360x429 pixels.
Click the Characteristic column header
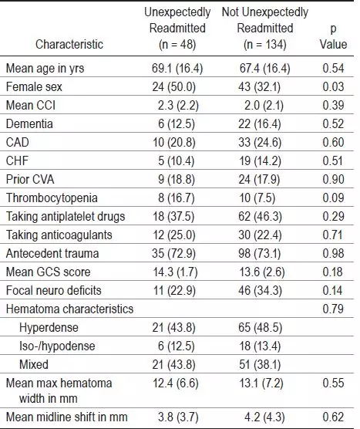coord(69,44)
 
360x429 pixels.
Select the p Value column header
coord(333,36)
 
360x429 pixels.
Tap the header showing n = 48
coord(177,29)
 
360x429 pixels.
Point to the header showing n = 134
coord(265,29)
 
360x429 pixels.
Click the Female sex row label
coord(34,86)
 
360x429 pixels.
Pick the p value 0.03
coord(333,86)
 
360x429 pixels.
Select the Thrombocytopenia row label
coord(52,198)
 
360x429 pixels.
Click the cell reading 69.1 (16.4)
coord(177,69)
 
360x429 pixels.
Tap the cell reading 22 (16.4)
coord(260,124)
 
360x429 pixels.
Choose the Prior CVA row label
coord(30,180)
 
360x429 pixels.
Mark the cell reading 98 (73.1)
coord(260,254)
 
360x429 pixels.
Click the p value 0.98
coord(333,253)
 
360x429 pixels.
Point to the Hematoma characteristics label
coord(69,309)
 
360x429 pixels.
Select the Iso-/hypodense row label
coord(57,346)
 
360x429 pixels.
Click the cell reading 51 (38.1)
coord(260,365)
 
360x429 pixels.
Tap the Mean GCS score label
coord(48,272)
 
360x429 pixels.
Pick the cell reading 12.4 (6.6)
coord(176,383)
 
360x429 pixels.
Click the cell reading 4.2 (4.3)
coord(264,417)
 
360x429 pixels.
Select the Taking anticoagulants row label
coord(59,235)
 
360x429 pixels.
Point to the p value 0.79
coord(333,309)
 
